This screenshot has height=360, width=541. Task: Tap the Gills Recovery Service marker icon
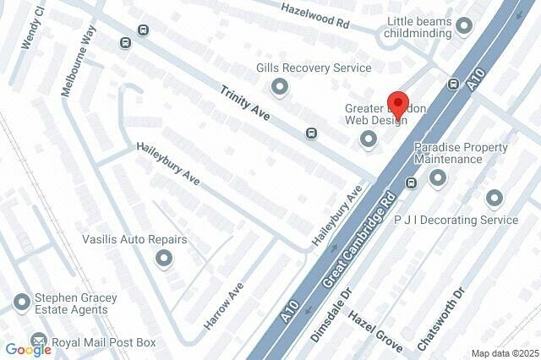[280, 86]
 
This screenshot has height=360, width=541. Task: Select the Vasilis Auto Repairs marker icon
[165, 259]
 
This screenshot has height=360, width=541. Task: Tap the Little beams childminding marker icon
[463, 27]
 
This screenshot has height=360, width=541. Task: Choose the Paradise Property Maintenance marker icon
[437, 177]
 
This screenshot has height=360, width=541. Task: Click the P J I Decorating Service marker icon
[495, 199]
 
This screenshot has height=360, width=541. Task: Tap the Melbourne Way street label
[80, 61]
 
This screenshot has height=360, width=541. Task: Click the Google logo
[28, 348]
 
